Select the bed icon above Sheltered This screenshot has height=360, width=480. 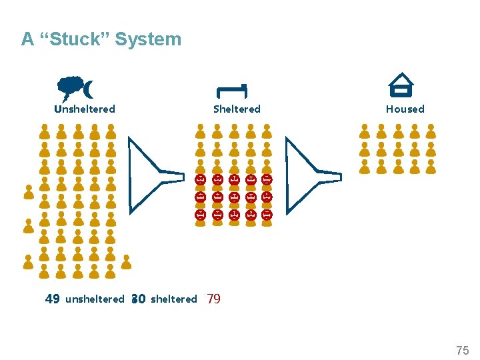pyautogui.click(x=231, y=90)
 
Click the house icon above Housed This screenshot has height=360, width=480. pyautogui.click(x=401, y=85)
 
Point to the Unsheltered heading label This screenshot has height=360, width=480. pyautogui.click(x=85, y=109)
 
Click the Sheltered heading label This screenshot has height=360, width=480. pyautogui.click(x=237, y=109)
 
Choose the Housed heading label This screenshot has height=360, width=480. pyautogui.click(x=405, y=109)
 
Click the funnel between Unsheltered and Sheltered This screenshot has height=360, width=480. pyautogui.click(x=154, y=175)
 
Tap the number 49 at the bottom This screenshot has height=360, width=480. pyautogui.click(x=52, y=299)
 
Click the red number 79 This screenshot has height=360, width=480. pyautogui.click(x=214, y=299)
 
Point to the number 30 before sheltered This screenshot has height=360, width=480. pyautogui.click(x=139, y=299)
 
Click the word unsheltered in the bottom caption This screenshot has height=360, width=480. pyautogui.click(x=95, y=299)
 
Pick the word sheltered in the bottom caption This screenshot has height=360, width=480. pyautogui.click(x=174, y=299)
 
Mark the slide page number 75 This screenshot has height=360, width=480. pyautogui.click(x=462, y=351)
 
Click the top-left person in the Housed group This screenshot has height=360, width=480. pyautogui.click(x=365, y=131)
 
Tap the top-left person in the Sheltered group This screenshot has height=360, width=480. pyautogui.click(x=201, y=131)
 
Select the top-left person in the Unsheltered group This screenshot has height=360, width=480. pyautogui.click(x=45, y=131)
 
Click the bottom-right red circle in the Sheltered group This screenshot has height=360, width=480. pyautogui.click(x=267, y=215)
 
